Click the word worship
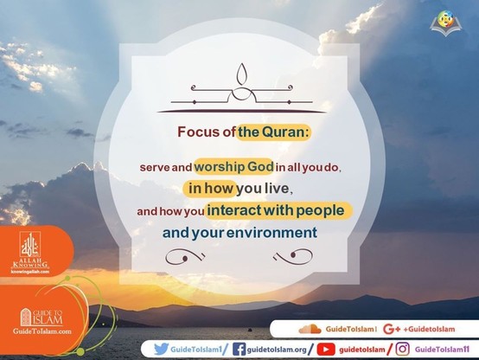tap(220, 167)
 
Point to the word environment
tap(271, 233)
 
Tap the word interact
tap(233, 210)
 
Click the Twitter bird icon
tap(161, 349)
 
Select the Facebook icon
tap(239, 349)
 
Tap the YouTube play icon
tap(326, 350)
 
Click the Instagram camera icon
tap(402, 349)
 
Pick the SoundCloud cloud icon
tap(310, 329)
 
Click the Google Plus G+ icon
tap(392, 329)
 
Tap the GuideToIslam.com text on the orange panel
tap(42, 331)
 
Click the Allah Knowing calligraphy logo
tap(30, 244)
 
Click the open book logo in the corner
tap(445, 24)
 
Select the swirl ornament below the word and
tap(185, 257)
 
